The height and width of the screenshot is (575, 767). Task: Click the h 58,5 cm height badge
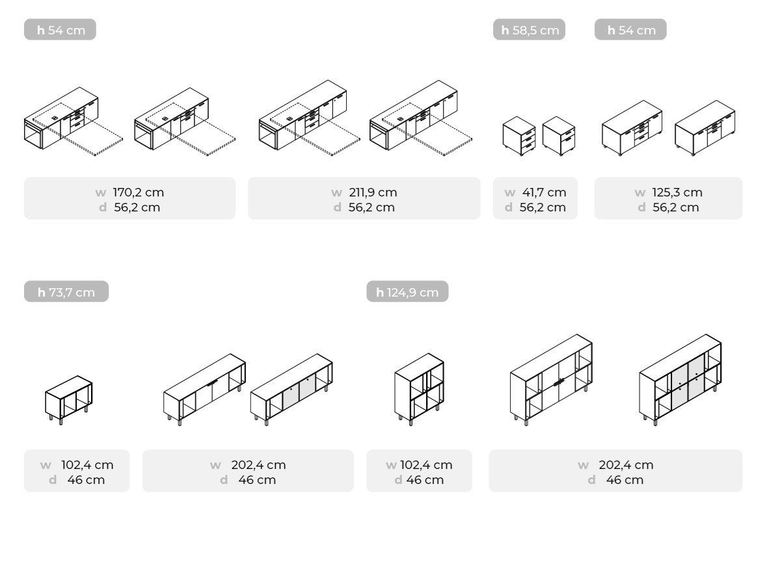click(530, 30)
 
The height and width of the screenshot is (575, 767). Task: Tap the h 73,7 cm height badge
click(66, 292)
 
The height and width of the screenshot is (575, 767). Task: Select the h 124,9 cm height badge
click(407, 292)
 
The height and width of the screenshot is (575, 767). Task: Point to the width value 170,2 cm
click(139, 192)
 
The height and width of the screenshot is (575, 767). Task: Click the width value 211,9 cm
click(373, 192)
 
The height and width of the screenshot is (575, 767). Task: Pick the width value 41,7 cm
click(544, 192)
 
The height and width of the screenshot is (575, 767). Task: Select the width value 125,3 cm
click(677, 192)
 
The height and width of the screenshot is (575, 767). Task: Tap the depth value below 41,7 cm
click(543, 207)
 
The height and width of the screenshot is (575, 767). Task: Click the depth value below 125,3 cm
click(675, 207)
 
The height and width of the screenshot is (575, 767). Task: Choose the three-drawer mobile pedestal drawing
click(519, 135)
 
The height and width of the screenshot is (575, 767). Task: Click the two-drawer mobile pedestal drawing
click(559, 135)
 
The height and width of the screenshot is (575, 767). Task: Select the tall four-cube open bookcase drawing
click(419, 389)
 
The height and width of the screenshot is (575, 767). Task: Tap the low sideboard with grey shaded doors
click(291, 390)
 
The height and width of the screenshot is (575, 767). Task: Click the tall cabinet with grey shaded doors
click(680, 380)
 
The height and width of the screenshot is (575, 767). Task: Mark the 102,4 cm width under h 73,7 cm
click(87, 464)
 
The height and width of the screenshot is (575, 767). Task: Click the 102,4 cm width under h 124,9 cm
click(426, 464)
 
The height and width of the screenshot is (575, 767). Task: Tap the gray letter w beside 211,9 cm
click(336, 193)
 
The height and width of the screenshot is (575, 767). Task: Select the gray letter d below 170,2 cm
click(103, 207)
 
